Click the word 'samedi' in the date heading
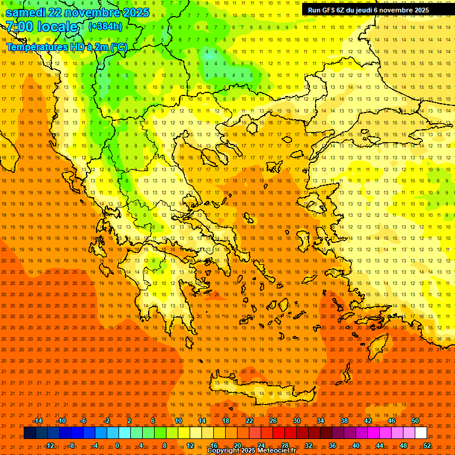[28, 12]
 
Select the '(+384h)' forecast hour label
[105, 27]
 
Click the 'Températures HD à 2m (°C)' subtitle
[66, 47]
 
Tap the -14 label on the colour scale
[37, 421]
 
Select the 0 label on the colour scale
[117, 446]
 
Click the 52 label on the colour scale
[427, 446]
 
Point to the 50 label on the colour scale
[415, 421]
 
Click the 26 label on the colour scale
[273, 421]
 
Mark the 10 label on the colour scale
[178, 421]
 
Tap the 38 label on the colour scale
[344, 421]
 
